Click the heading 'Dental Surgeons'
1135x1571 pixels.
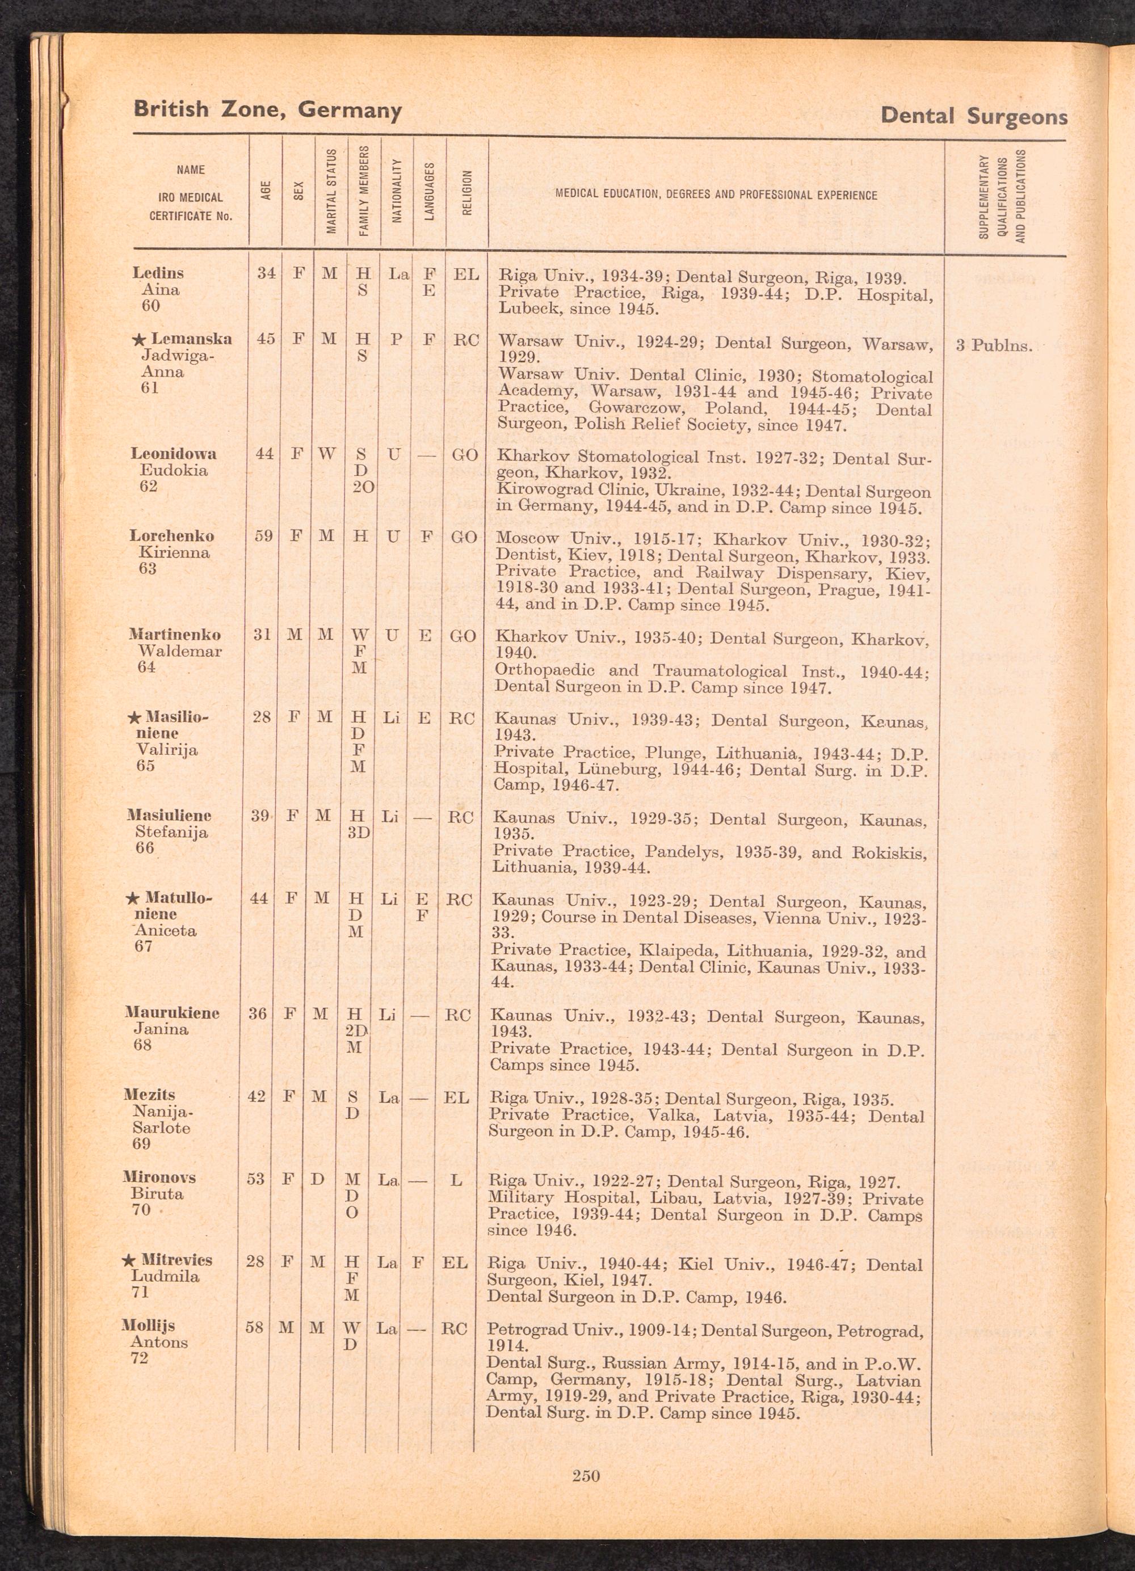click(974, 116)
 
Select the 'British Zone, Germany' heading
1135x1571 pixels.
click(267, 110)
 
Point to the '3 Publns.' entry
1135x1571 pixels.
click(994, 345)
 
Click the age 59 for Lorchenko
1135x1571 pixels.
click(263, 536)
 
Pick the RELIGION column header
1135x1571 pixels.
click(466, 193)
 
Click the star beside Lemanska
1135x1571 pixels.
click(138, 339)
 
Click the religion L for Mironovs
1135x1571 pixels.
click(455, 1180)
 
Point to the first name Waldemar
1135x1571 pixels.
click(179, 651)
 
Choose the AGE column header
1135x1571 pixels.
click(266, 191)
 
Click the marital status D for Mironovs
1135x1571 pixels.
click(317, 1179)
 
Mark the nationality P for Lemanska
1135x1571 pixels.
click(396, 339)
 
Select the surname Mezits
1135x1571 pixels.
click(149, 1095)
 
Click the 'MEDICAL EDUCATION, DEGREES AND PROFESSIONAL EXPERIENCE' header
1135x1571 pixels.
click(716, 195)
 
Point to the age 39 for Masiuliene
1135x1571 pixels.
click(260, 816)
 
